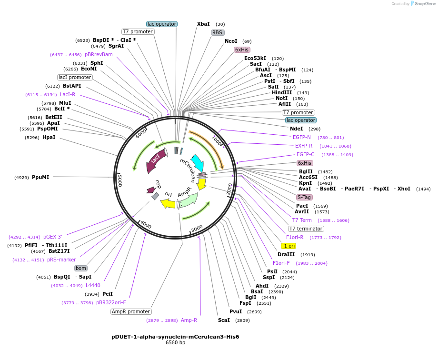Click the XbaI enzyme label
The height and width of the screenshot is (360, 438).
[x=203, y=24]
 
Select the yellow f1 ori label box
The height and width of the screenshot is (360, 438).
[x=289, y=246]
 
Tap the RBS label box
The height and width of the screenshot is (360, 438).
[x=218, y=32]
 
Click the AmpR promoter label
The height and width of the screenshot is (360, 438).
[x=131, y=311]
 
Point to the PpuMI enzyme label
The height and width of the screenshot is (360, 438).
[x=40, y=177]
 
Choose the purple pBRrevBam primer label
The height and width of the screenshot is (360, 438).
[x=99, y=54]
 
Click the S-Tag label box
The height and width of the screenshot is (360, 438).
[x=305, y=197]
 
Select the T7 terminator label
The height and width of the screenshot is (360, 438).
[x=306, y=229]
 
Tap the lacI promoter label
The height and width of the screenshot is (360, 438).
[x=75, y=77]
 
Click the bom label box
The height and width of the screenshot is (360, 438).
[x=81, y=268]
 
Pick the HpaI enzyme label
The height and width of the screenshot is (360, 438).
[x=49, y=137]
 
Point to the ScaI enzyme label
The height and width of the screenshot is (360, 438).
[x=223, y=320]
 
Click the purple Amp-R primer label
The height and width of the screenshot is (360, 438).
[x=189, y=320]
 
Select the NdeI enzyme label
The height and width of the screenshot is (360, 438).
[x=296, y=129]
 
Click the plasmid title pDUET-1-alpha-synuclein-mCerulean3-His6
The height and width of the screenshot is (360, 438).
[x=175, y=337]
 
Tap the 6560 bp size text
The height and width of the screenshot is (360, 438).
[x=175, y=343]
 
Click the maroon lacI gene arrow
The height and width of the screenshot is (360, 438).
[x=158, y=157]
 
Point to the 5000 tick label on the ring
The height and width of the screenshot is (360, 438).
[x=120, y=180]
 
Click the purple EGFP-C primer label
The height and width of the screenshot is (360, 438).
[x=305, y=154]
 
